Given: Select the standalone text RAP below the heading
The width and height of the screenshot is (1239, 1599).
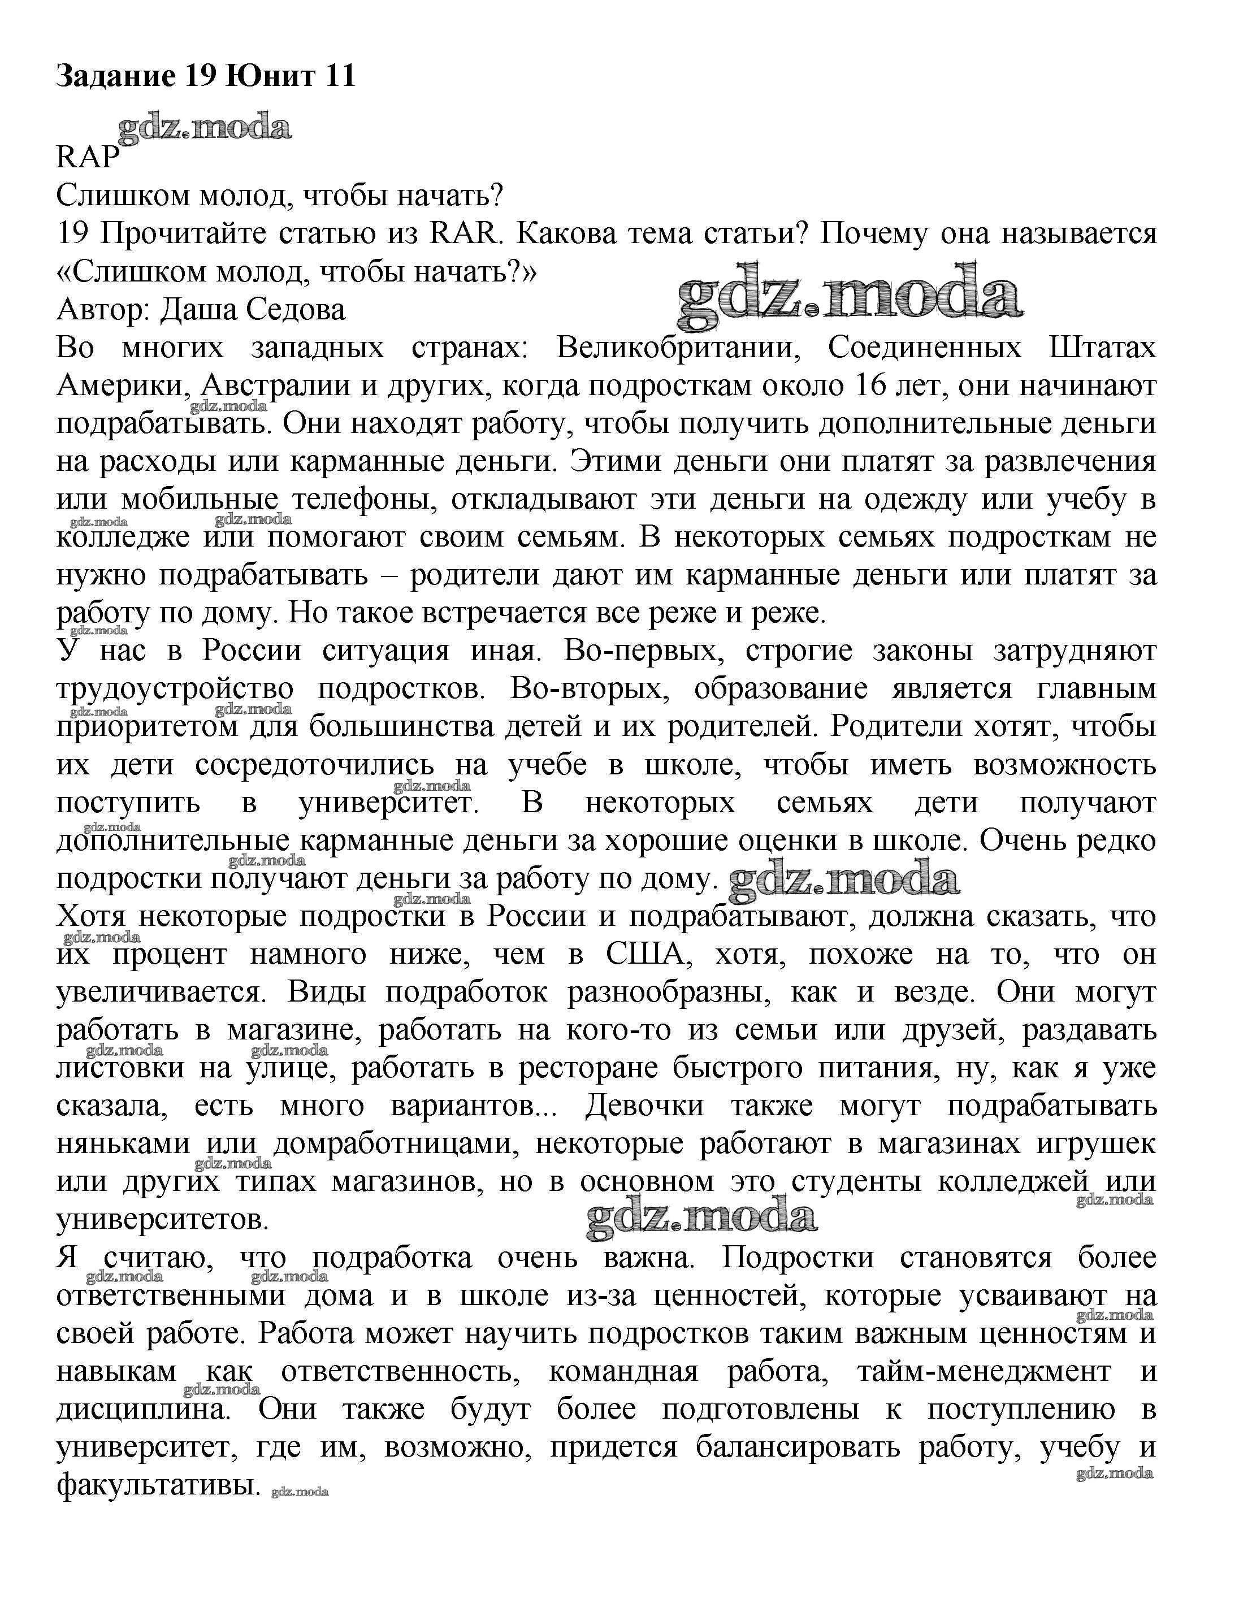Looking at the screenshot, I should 87,157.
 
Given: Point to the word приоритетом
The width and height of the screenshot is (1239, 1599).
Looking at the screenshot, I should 147,727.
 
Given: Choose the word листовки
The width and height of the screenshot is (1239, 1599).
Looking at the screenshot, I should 120,1068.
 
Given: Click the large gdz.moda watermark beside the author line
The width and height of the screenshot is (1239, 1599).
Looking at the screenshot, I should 850,297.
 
